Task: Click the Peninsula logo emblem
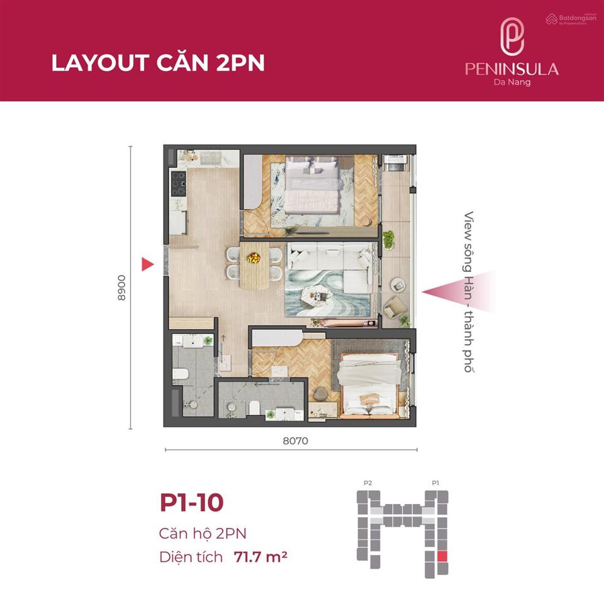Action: pos(512,36)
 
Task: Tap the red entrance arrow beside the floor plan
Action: pos(147,264)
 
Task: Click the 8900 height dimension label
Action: pos(121,288)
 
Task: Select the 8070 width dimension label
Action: pos(296,440)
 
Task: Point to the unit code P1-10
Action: pos(191,502)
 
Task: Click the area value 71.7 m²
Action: pos(260,557)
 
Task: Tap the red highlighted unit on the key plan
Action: pos(442,556)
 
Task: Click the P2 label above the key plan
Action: pos(368,483)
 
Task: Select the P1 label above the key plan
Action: pos(435,483)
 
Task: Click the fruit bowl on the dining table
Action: pos(253,258)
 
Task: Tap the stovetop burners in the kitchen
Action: pos(178,184)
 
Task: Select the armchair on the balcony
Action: pos(394,307)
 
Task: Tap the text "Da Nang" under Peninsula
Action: pos(512,82)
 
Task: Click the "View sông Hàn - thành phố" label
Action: pos(468,291)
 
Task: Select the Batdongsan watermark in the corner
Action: pos(571,18)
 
